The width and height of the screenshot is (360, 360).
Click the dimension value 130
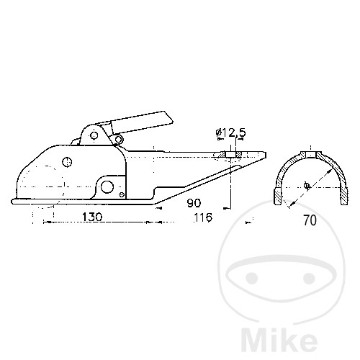[x=92, y=217]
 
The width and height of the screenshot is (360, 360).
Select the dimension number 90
[x=194, y=203]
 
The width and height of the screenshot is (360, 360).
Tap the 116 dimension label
[x=203, y=217]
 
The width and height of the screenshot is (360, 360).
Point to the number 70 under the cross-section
[x=310, y=220]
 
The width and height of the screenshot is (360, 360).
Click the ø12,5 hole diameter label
[x=231, y=132]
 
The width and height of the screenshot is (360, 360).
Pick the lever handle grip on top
[x=142, y=122]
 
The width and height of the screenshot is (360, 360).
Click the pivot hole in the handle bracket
[x=94, y=136]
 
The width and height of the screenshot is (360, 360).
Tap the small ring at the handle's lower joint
[x=118, y=139]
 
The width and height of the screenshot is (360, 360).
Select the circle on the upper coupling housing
[x=67, y=162]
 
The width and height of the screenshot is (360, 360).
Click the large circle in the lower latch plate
[x=107, y=187]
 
